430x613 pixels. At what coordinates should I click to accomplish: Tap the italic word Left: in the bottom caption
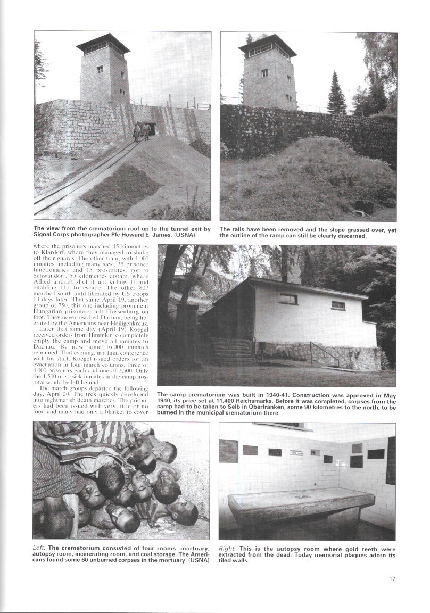coord(40,549)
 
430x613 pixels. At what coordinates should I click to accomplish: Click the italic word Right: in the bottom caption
coord(228,549)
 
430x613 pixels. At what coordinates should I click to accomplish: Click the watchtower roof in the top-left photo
coord(103,43)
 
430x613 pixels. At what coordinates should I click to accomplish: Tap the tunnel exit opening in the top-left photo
coord(151,128)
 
